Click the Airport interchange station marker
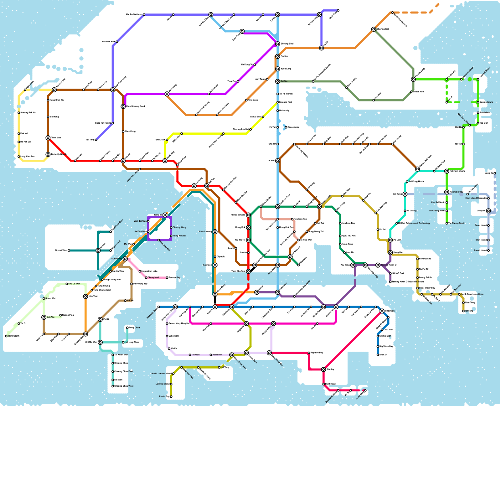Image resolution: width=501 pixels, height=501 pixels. click(x=98, y=250)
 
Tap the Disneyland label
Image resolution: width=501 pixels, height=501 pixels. click(x=153, y=278)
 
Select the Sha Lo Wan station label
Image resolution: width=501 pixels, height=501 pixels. click(x=74, y=284)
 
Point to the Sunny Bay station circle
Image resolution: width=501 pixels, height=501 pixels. click(x=125, y=259)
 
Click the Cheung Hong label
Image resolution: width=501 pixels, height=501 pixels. click(x=179, y=228)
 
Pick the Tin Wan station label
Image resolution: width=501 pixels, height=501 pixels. click(x=195, y=355)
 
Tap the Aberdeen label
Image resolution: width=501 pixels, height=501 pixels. click(x=217, y=355)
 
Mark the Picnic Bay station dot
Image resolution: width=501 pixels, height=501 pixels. click(x=171, y=397)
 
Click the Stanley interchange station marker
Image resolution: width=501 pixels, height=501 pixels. click(x=323, y=369)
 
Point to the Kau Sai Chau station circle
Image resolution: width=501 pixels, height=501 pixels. click(x=447, y=192)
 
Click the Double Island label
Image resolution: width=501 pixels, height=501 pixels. click(x=486, y=102)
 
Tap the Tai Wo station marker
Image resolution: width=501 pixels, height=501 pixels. click(x=278, y=81)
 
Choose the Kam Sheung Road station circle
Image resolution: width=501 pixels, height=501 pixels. click(x=123, y=106)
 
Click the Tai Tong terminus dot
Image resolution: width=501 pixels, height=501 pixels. click(x=96, y=140)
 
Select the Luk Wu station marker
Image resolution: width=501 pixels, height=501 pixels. click(x=44, y=318)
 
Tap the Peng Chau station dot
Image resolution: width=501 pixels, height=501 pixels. click(x=127, y=328)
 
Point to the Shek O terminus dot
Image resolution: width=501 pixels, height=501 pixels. click(x=378, y=355)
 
